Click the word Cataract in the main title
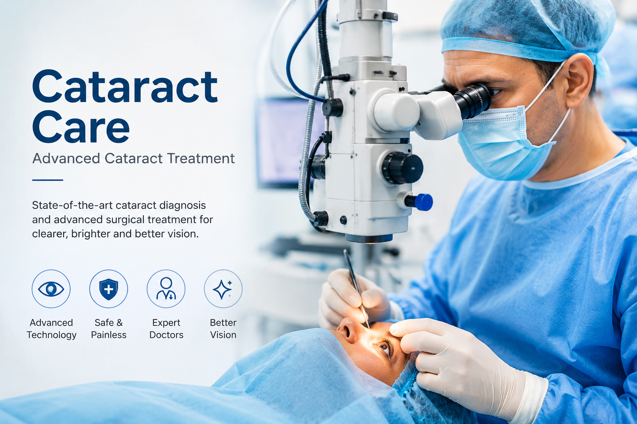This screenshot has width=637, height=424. click(125, 86)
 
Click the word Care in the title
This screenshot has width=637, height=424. click(81, 126)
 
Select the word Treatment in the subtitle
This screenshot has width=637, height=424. click(201, 159)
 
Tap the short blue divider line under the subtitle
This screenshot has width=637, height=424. click(48, 180)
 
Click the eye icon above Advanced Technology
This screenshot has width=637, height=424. click(51, 289)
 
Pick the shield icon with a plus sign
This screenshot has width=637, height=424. click(109, 289)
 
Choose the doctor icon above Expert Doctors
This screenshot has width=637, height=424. click(166, 289)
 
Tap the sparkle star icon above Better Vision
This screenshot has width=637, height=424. click(223, 289)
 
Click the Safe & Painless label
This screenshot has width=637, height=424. click(109, 329)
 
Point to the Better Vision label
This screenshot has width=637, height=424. click(223, 329)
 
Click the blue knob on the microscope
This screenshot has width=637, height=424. click(423, 202)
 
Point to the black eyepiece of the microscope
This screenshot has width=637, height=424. click(473, 101)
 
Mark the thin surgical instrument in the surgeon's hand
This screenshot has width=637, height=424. click(357, 289)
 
